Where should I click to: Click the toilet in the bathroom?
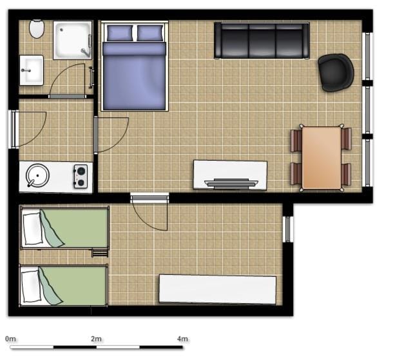click(37, 28)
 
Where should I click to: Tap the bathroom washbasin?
click(32, 70)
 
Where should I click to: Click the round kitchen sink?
click(38, 176)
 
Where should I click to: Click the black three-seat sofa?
click(262, 41)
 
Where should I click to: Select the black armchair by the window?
click(336, 72)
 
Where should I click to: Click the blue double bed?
click(134, 71)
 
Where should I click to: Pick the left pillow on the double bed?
click(120, 33)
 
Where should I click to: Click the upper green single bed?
click(64, 228)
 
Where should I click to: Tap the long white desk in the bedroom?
click(218, 289)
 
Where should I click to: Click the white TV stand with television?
click(230, 175)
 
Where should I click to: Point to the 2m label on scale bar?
click(96, 339)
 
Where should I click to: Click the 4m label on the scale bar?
click(182, 339)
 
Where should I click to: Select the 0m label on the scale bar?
click(10, 339)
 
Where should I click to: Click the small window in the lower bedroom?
click(288, 229)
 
